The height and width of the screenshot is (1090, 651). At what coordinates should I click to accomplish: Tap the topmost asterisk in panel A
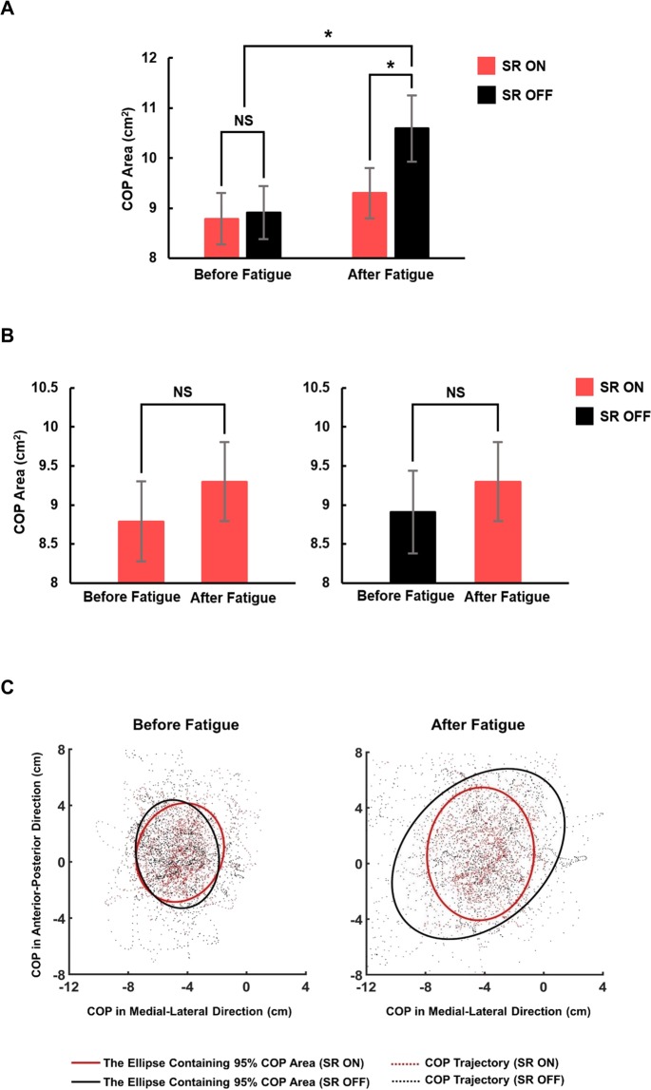328,35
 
